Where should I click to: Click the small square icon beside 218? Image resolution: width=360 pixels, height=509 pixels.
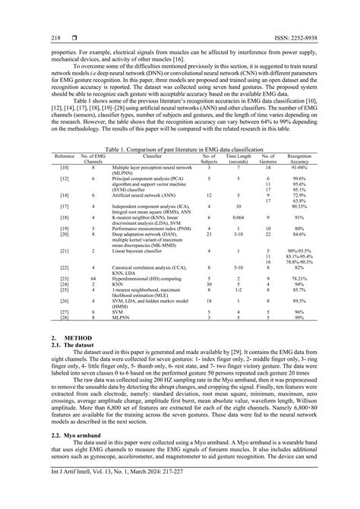[72, 37]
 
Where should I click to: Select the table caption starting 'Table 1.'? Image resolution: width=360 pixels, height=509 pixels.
[179, 151]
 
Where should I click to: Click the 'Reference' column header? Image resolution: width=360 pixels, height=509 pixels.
[64, 156]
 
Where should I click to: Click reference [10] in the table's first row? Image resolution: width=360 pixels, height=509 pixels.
[64, 166]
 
